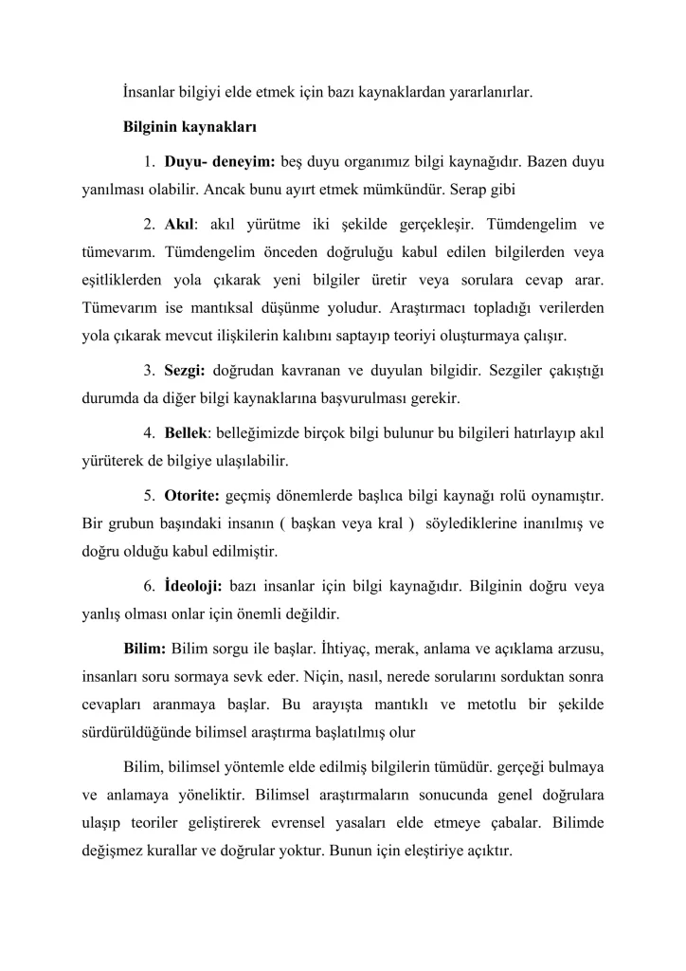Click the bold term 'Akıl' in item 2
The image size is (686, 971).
[x=179, y=226]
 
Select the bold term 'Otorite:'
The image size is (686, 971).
[x=192, y=495]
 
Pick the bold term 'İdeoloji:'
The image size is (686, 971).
[x=193, y=584]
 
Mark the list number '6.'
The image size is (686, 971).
[x=151, y=584]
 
